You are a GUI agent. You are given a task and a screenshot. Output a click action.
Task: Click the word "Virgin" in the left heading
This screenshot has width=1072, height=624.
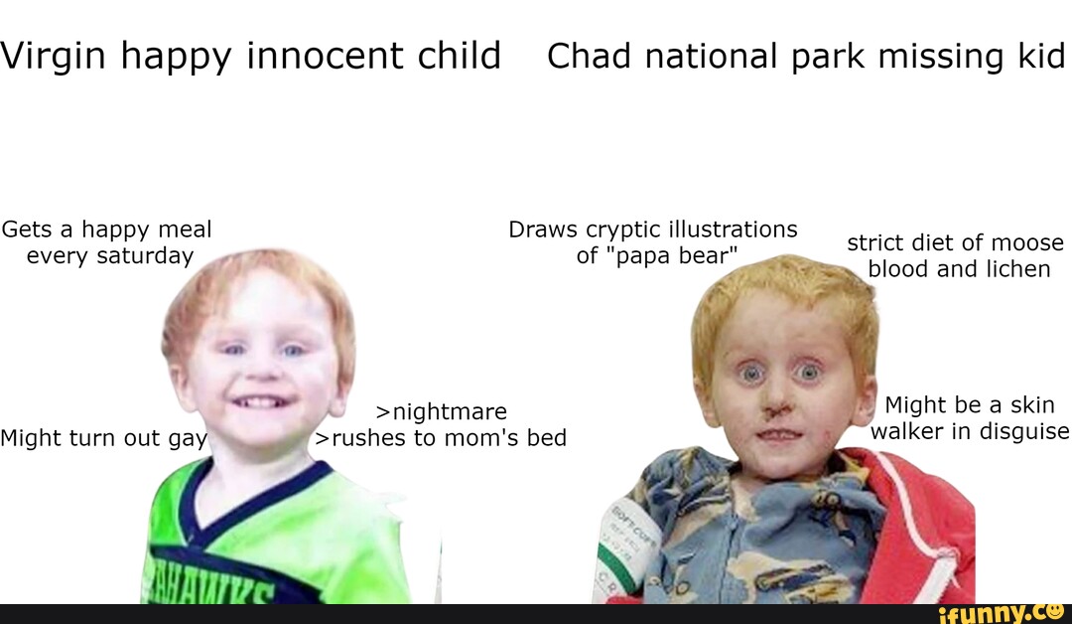click(x=52, y=57)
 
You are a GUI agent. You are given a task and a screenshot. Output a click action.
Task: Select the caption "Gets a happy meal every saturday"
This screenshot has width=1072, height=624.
click(x=107, y=242)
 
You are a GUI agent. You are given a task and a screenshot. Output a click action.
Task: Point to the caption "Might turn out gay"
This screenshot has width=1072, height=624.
click(x=103, y=438)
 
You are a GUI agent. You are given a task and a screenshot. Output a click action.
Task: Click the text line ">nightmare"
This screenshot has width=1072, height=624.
click(x=442, y=411)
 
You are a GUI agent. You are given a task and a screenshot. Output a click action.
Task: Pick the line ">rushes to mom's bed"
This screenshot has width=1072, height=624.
click(x=441, y=438)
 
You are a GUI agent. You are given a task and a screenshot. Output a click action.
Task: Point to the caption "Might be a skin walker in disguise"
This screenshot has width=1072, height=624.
click(x=969, y=418)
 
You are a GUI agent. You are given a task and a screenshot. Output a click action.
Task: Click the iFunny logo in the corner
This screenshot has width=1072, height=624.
click(x=1003, y=611)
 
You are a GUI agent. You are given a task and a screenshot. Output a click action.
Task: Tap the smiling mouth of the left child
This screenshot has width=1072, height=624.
click(x=262, y=401)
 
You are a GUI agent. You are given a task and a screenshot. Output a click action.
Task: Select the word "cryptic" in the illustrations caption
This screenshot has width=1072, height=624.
click(x=623, y=230)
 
